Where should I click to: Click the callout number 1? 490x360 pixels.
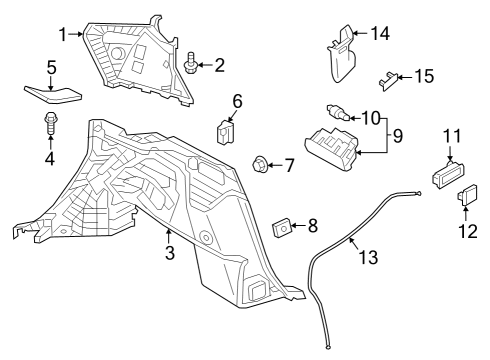point(62,34)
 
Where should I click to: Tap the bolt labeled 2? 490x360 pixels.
point(190,66)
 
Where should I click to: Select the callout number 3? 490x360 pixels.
point(169,254)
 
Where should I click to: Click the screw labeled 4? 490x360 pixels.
point(49,126)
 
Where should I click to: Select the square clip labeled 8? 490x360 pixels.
point(282,228)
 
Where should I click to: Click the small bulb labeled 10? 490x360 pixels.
point(335,113)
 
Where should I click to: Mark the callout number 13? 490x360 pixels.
point(369,258)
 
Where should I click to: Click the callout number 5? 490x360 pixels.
point(50,69)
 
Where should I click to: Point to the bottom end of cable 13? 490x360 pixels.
point(327,347)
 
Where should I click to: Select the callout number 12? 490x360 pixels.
point(467,231)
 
